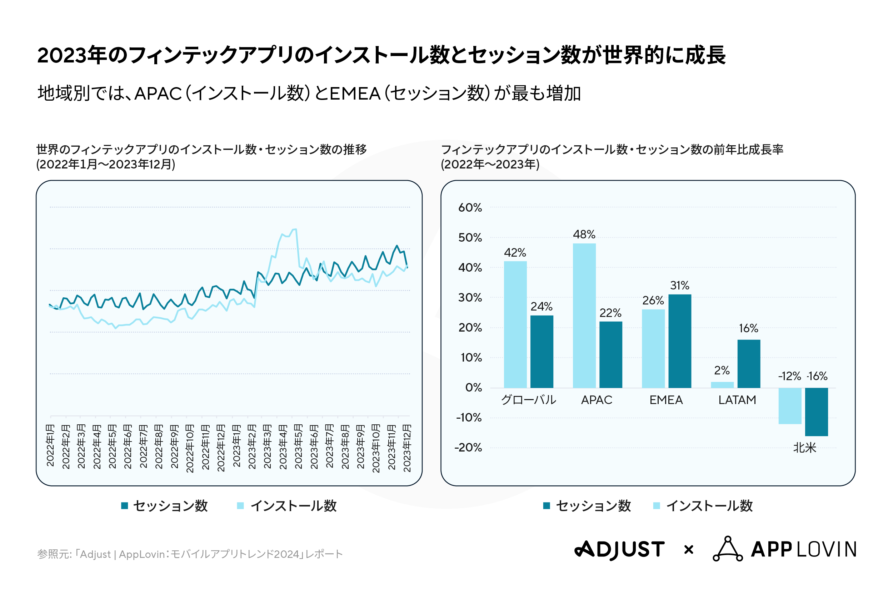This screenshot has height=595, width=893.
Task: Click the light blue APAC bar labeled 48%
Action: (584, 315)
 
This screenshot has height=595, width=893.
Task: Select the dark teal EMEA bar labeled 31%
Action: (680, 341)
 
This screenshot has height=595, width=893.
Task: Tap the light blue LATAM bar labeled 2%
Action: (722, 385)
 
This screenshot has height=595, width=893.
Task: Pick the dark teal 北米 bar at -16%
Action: (816, 412)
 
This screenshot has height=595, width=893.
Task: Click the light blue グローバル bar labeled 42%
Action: (515, 324)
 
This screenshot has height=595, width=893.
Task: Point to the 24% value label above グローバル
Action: (542, 306)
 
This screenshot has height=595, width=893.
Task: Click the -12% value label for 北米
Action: (789, 376)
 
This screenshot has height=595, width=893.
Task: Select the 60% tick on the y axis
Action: (470, 208)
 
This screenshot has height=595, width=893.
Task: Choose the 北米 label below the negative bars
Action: (804, 448)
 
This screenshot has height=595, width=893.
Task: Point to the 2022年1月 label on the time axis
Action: (50, 445)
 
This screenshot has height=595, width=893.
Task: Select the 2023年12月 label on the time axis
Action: (406, 448)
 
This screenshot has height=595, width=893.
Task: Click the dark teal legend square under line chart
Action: (125, 505)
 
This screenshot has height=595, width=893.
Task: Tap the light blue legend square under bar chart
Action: (657, 505)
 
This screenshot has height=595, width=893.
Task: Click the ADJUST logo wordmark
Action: (620, 549)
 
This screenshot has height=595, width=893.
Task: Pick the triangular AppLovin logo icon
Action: (728, 549)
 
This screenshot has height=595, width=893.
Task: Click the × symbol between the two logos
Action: (689, 549)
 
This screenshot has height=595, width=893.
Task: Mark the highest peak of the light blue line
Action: (295, 229)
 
